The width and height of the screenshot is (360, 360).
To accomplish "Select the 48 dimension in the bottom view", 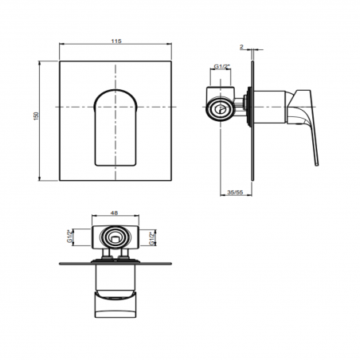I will pyautogui.click(x=116, y=213).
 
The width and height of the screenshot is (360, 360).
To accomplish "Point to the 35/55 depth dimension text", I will pyautogui.click(x=235, y=193).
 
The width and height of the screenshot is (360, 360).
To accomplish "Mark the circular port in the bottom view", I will pyautogui.click(x=116, y=237).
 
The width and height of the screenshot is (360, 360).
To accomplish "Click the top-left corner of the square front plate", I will pyautogui.click(x=60, y=59).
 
